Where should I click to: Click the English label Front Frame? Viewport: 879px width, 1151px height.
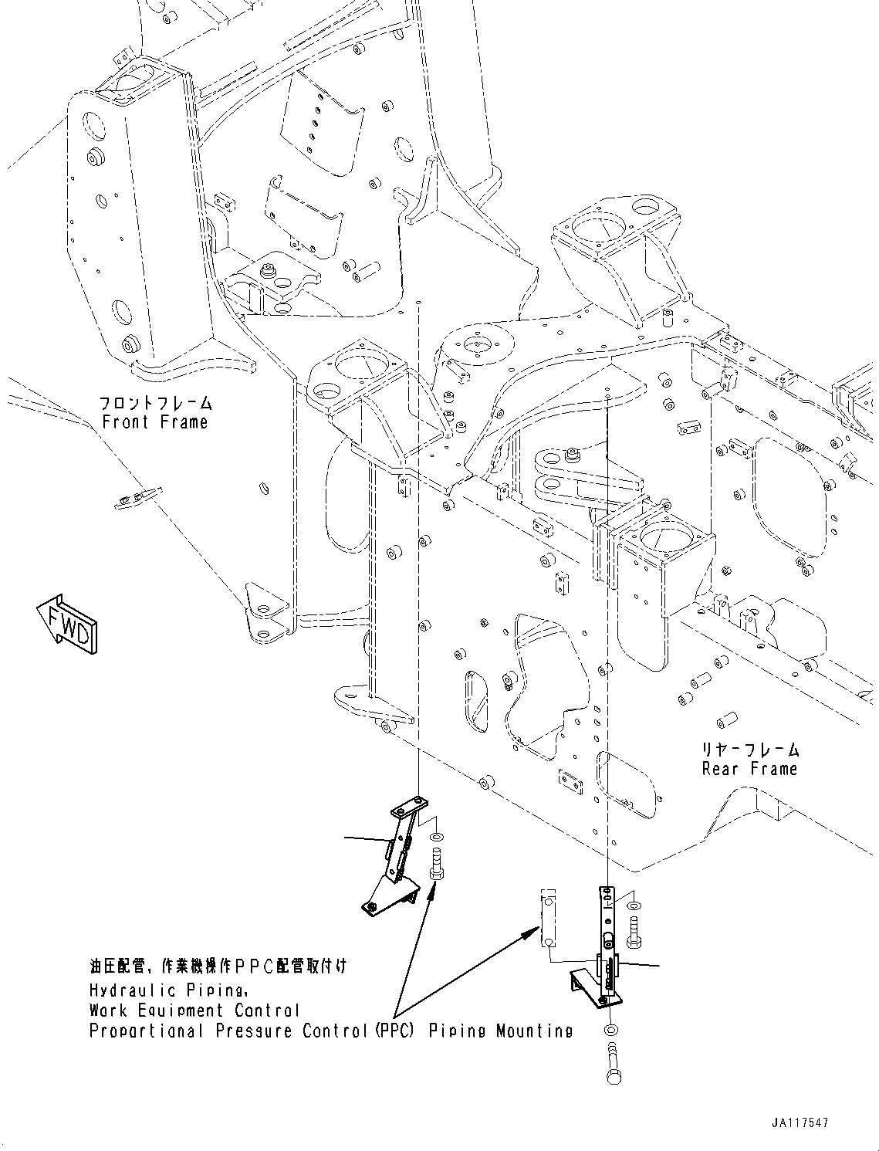pyautogui.click(x=155, y=422)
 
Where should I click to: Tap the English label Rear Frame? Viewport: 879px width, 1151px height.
pyautogui.click(x=749, y=769)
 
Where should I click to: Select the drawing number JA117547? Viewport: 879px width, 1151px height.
pyautogui.click(x=798, y=1123)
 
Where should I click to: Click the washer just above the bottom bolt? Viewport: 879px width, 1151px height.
pyautogui.click(x=611, y=1030)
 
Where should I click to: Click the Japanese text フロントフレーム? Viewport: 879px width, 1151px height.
pyautogui.click(x=155, y=403)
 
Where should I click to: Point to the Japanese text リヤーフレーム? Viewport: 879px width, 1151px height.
pyautogui.click(x=749, y=750)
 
